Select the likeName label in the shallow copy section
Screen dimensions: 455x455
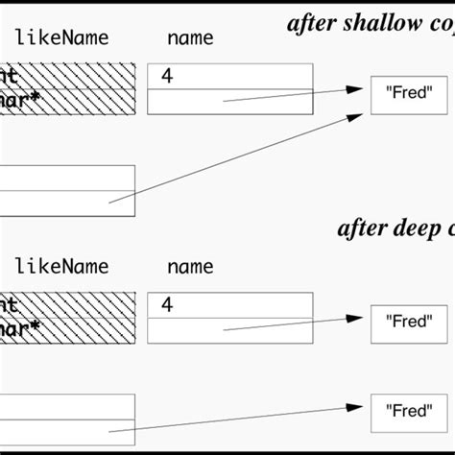coord(61,39)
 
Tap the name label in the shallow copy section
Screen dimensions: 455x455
coord(190,39)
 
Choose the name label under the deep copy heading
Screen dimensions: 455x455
coord(190,267)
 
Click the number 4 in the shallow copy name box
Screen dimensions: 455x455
coord(167,77)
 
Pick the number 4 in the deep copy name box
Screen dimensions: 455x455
coord(167,305)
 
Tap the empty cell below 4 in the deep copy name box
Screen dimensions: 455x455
coord(230,330)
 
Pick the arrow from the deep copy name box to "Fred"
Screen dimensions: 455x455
coord(288,323)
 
